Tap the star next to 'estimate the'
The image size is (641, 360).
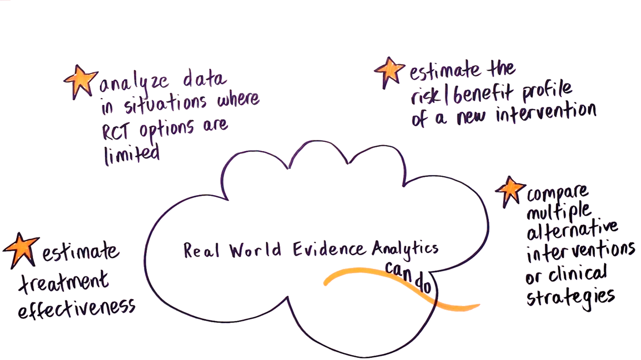coord(389,71)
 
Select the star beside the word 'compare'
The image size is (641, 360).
coord(510,190)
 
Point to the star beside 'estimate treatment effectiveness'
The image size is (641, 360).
coord(21,249)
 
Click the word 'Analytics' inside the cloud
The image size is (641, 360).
coord(405,249)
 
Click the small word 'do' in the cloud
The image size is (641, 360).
coord(424,286)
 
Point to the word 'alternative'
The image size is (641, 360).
coord(572,232)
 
